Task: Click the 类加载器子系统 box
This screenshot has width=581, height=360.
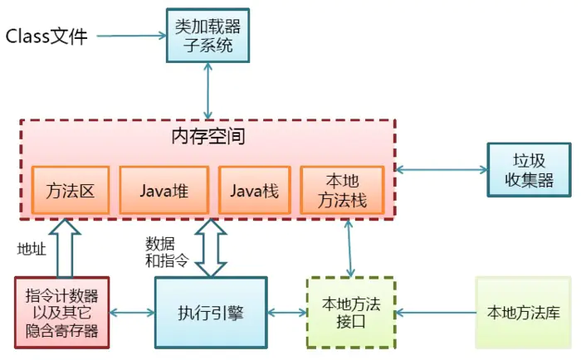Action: pyautogui.click(x=207, y=36)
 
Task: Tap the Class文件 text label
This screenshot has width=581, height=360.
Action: pyautogui.click(x=46, y=36)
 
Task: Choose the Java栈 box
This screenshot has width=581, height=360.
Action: pyautogui.click(x=255, y=190)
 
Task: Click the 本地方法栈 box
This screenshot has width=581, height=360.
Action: pyautogui.click(x=342, y=190)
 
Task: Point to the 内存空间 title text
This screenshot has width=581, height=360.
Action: pyautogui.click(x=207, y=136)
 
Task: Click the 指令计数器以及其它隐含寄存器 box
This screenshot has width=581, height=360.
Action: pyautogui.click(x=62, y=313)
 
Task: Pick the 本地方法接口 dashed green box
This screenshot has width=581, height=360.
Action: pyautogui.click(x=351, y=313)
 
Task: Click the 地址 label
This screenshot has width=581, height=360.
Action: pyautogui.click(x=32, y=248)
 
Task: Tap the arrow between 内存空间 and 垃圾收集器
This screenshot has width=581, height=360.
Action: pyautogui.click(x=441, y=169)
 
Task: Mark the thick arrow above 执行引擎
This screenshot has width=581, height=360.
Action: pyautogui.click(x=211, y=248)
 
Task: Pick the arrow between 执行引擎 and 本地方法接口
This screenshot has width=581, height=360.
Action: pyautogui.click(x=286, y=313)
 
